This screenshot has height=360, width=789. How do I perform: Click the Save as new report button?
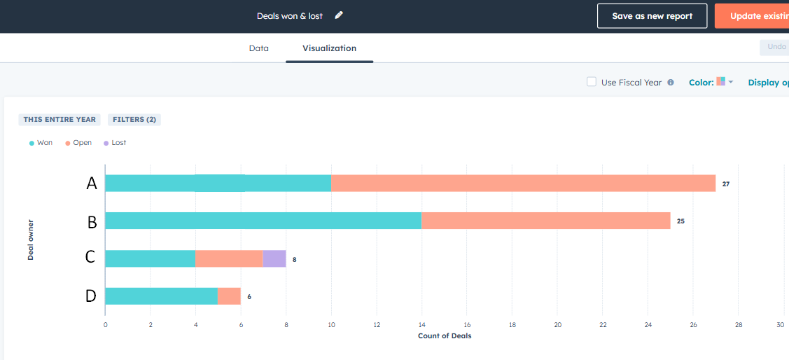tap(652, 16)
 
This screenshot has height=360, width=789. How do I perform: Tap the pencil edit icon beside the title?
tap(339, 15)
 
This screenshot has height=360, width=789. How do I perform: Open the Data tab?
tap(258, 48)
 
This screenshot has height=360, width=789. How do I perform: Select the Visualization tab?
tap(329, 48)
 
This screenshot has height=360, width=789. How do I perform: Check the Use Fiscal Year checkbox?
tap(592, 82)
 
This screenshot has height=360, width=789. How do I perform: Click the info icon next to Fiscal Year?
tap(671, 82)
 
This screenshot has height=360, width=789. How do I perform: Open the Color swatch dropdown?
tap(724, 82)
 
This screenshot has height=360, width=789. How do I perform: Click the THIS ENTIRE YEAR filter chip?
tap(60, 120)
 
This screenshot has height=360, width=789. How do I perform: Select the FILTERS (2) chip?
tap(134, 120)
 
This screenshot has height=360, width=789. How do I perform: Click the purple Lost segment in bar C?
tap(274, 258)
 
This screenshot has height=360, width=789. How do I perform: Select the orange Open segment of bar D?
tap(229, 296)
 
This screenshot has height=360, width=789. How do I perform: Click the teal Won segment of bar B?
tap(263, 221)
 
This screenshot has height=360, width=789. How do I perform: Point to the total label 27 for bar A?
tap(726, 184)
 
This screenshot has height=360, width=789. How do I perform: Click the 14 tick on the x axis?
tap(421, 325)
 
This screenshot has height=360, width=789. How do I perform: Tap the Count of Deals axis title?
tap(445, 336)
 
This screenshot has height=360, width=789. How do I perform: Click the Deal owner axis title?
tap(31, 240)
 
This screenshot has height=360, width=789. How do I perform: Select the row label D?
tap(90, 296)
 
